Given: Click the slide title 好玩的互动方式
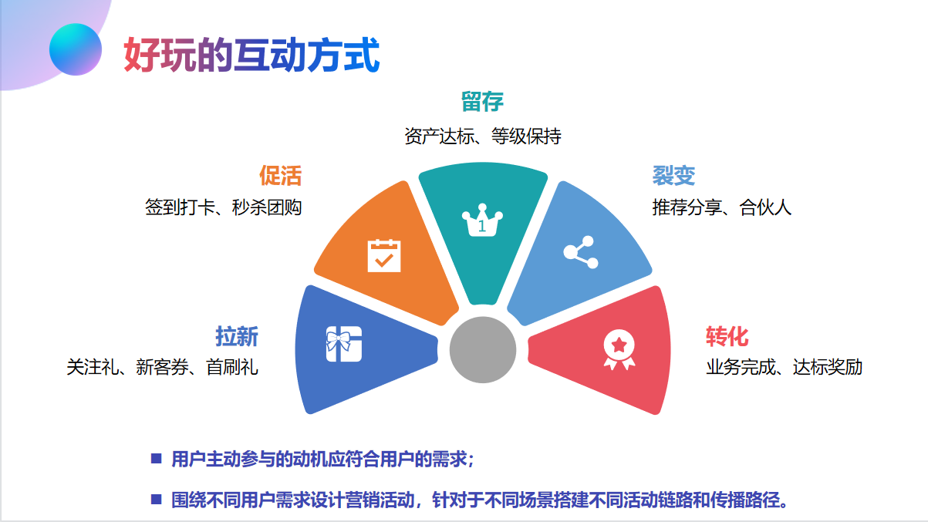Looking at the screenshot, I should [x=251, y=55].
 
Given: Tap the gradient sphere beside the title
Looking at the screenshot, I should [x=76, y=49].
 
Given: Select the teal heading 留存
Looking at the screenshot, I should [x=482, y=101].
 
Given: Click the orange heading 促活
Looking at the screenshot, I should [x=280, y=175].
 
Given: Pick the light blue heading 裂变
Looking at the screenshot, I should [x=673, y=176].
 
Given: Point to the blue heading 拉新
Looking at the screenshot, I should [x=237, y=336].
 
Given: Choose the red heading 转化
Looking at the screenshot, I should [x=727, y=336].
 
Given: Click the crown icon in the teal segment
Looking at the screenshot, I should [x=482, y=221].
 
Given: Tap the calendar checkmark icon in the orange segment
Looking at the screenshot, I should [x=384, y=255].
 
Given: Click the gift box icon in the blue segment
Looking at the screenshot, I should [x=343, y=344].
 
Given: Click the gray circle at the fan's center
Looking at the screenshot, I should [x=483, y=349].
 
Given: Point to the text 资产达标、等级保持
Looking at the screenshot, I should [x=483, y=136].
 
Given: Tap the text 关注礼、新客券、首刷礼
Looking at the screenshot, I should [x=162, y=367].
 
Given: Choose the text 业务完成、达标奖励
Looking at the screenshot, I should [x=784, y=367].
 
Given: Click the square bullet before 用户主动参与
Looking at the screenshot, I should [x=157, y=459].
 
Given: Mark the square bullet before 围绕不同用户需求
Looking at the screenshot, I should [x=157, y=499].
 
